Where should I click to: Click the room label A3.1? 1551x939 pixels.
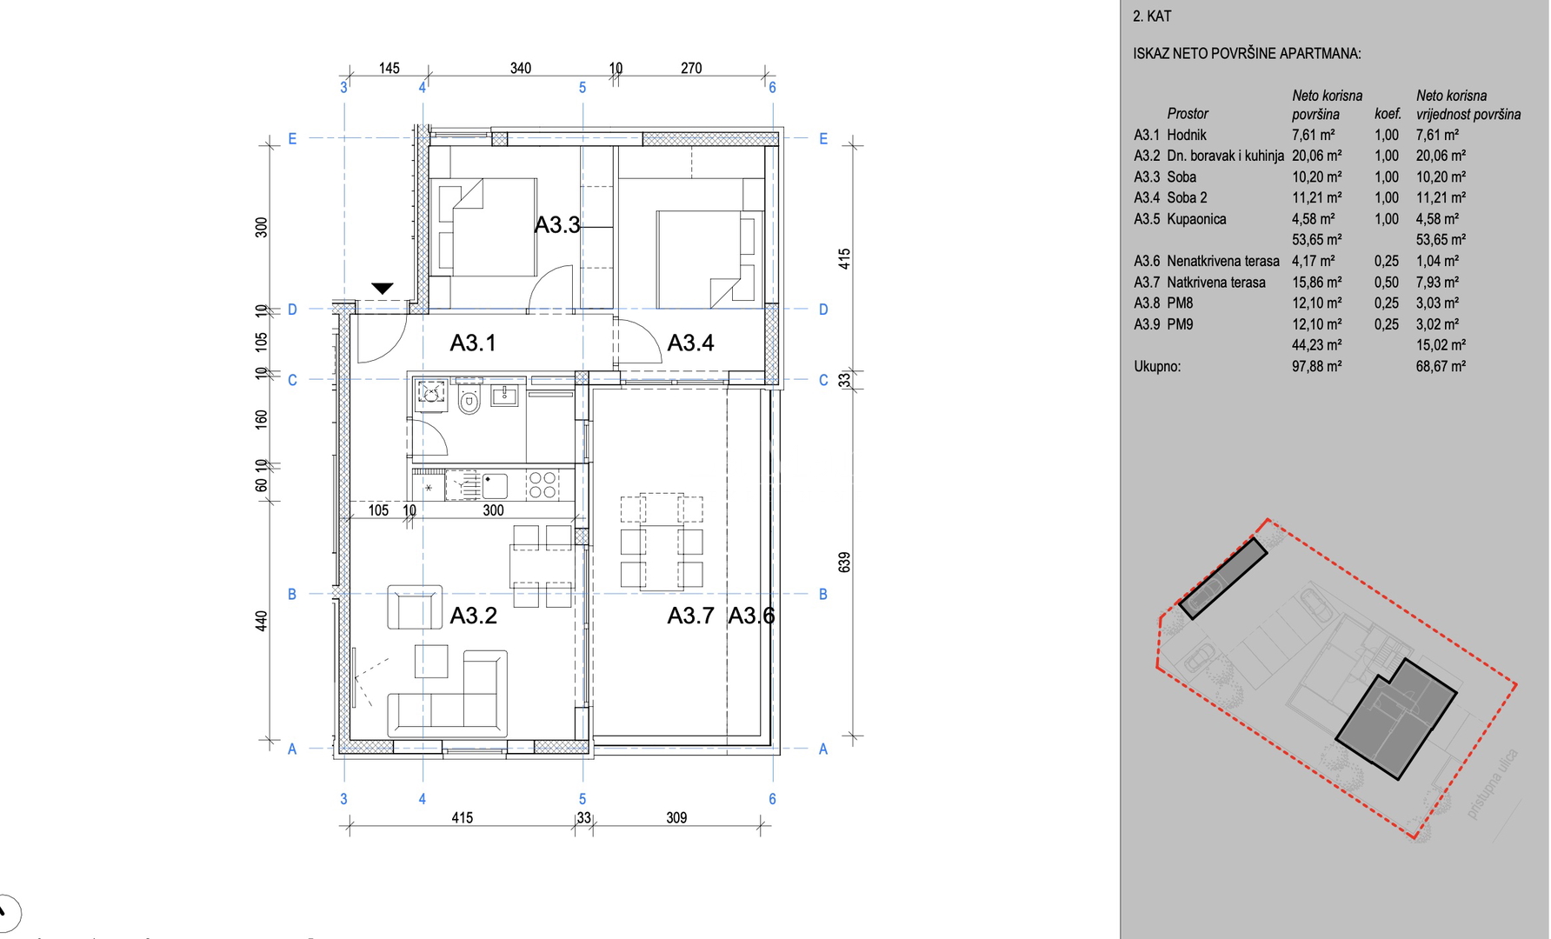click(473, 343)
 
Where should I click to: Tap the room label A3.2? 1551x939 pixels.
click(474, 616)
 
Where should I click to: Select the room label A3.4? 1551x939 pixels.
click(690, 343)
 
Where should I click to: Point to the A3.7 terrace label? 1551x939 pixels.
click(690, 616)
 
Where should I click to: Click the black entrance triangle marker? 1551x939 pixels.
click(383, 289)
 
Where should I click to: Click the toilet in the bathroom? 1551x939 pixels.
click(469, 402)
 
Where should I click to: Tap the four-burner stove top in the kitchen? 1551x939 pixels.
click(543, 485)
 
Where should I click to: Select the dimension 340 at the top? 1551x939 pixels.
click(521, 68)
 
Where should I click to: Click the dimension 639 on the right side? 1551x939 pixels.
click(844, 562)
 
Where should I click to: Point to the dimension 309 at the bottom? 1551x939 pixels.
click(676, 817)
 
